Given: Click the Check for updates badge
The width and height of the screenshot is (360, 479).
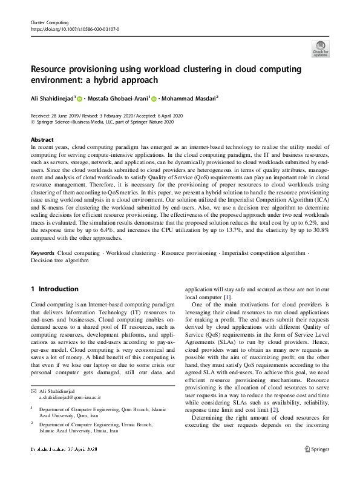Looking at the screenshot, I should click(x=320, y=48).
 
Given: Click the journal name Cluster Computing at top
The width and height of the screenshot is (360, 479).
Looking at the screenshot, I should click(x=48, y=22).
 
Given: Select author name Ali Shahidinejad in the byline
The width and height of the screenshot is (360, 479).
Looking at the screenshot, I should click(x=53, y=98).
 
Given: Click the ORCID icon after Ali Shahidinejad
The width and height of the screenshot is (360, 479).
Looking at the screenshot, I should click(x=79, y=99).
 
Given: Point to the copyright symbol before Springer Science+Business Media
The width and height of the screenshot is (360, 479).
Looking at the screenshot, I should click(x=33, y=121).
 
